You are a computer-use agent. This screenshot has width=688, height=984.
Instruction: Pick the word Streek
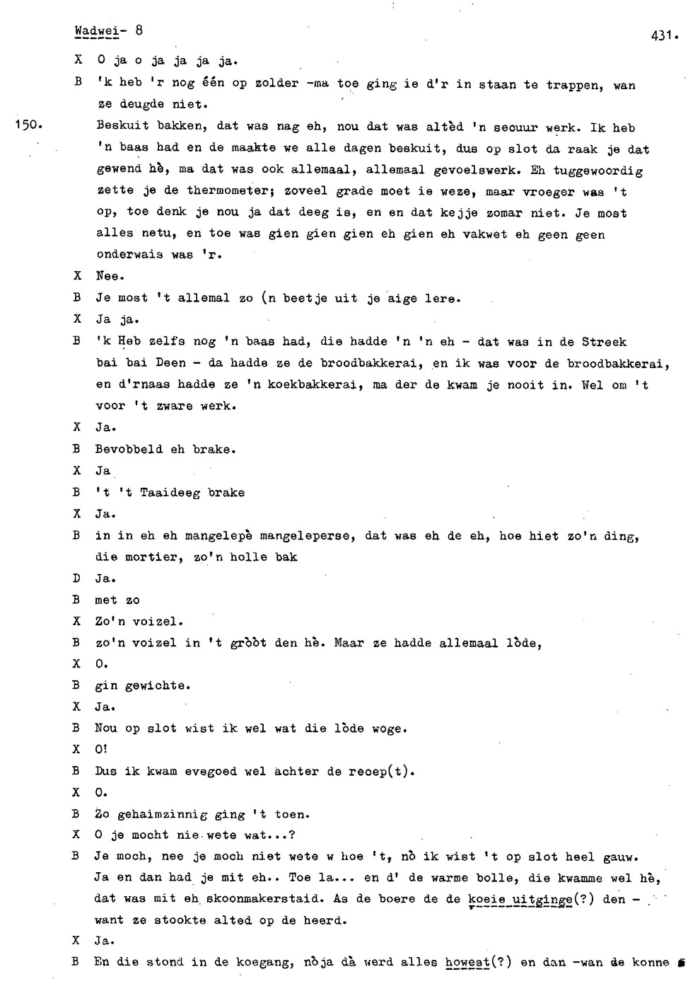[x=604, y=342]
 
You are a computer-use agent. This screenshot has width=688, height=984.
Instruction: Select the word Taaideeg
[x=170, y=493]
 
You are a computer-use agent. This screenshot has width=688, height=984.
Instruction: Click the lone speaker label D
[x=77, y=579]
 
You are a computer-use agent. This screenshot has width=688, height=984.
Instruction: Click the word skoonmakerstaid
[x=257, y=899]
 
